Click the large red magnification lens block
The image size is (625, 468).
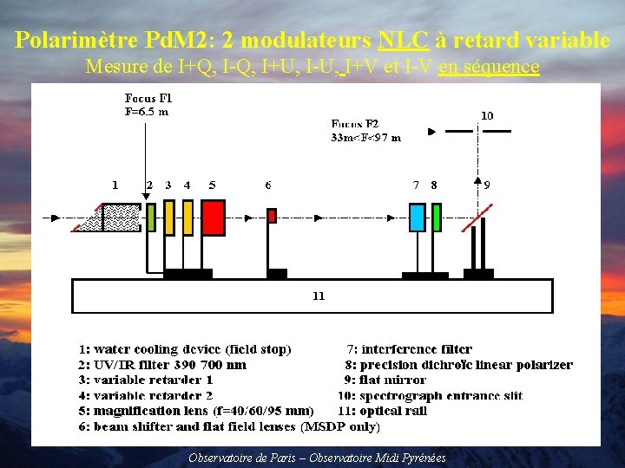coord(213,217)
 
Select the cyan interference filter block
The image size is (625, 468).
coord(417,218)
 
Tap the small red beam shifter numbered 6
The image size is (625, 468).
coord(272,216)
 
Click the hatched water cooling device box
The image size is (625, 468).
coord(121,217)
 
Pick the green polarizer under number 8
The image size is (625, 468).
coord(435,218)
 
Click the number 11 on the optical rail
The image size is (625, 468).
coord(319,296)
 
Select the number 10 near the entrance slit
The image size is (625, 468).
coord(487,114)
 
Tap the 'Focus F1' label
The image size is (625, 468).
coord(148,99)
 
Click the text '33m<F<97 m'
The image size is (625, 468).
coord(365,137)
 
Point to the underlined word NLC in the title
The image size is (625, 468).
coord(404,40)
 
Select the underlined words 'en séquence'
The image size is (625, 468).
coord(489,66)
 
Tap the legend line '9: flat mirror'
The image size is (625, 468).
coord(385,380)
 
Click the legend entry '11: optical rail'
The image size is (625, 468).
coord(382,411)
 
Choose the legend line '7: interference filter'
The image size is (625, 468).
coord(409,349)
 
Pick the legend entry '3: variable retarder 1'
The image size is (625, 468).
coord(147,380)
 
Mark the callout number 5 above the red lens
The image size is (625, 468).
coord(213,185)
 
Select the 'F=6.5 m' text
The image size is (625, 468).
coord(147,112)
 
